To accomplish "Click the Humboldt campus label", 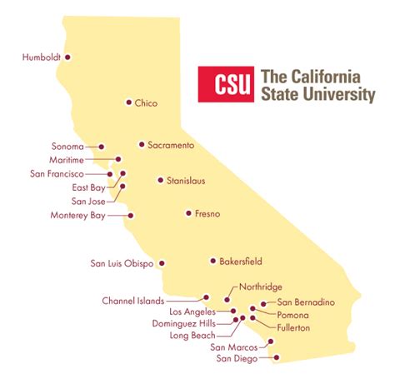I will pos(42,57).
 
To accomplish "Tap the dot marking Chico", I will pos(128,102).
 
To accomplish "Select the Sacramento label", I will pos(171,145).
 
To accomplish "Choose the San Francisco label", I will pos(57,174).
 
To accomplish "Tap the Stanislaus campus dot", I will pos(160,180).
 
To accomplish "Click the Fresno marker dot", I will pos(188,214).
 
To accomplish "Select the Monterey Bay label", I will pos(79,216).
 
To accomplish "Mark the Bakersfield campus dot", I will pos(212,261).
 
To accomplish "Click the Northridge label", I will pos(260,287).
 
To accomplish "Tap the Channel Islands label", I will pos(133,300).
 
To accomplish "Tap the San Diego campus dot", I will pos(276,359).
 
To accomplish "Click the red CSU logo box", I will pos(225,84).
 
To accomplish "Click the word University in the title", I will pos(343,95).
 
